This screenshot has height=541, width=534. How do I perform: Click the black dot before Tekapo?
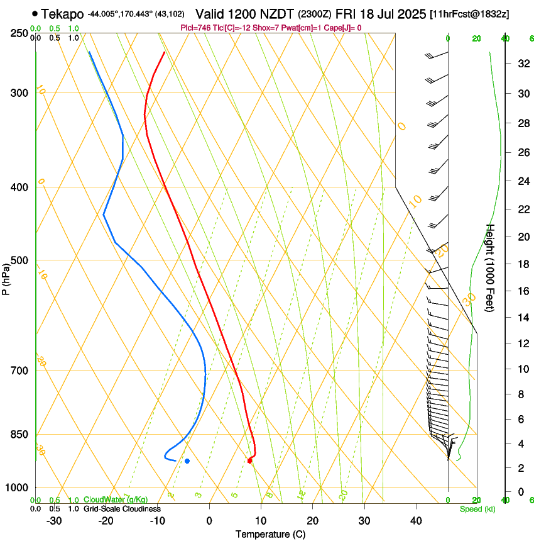pos(34,13)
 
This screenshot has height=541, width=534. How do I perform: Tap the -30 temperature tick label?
pos(54,520)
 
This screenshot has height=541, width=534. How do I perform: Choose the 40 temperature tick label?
pos(416,520)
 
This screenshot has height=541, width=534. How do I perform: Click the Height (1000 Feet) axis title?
pos(491,268)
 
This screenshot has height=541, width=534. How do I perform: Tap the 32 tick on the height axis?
pos(522,64)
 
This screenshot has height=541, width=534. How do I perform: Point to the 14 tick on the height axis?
pos(522,318)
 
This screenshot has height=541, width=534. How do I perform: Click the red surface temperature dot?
pos(250,461)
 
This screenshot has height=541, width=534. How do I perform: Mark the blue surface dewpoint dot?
pos(187,461)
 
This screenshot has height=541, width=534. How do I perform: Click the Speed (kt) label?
pos(477,509)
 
